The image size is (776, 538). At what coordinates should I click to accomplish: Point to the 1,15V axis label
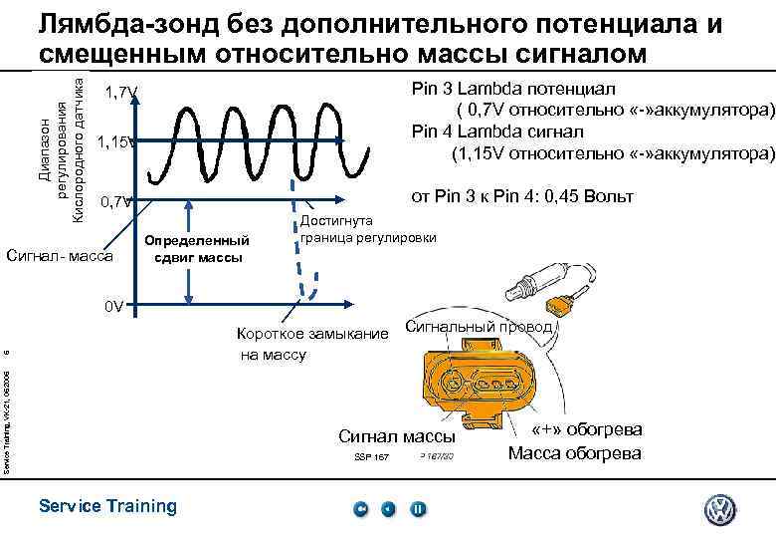tap(121, 142)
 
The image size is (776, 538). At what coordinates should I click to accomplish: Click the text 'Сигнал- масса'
tap(60, 257)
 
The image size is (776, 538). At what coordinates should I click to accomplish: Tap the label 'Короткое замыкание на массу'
tap(311, 344)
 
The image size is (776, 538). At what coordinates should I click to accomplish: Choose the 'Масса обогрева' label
tap(574, 454)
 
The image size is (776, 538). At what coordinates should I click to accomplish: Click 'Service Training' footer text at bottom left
tap(107, 506)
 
